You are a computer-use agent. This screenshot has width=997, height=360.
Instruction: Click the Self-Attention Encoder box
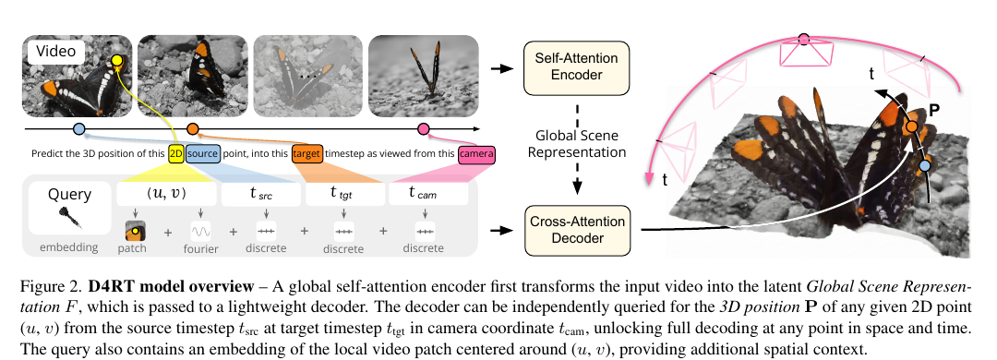[576, 67]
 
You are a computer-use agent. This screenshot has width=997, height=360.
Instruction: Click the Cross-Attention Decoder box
[576, 230]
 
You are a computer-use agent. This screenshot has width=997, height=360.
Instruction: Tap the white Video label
[56, 52]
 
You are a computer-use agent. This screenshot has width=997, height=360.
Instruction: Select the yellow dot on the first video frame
[116, 62]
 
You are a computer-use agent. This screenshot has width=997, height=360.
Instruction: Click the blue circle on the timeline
[78, 129]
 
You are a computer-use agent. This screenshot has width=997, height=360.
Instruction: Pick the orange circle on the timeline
[193, 129]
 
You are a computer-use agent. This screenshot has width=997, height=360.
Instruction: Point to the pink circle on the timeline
[423, 129]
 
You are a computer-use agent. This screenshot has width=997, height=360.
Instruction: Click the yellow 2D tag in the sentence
[176, 154]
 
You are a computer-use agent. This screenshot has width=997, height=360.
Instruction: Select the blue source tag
[203, 154]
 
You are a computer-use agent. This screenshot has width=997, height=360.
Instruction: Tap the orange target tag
[307, 154]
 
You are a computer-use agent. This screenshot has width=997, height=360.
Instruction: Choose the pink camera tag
[475, 154]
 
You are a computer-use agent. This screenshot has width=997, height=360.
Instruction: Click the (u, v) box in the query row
[166, 194]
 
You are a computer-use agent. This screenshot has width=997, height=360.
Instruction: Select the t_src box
[260, 194]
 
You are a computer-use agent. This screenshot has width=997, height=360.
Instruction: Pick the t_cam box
[428, 194]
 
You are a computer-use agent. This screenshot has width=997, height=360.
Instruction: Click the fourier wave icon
[201, 230]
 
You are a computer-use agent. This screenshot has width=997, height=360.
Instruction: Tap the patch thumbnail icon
[132, 230]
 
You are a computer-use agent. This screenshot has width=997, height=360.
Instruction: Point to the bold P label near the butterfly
[934, 110]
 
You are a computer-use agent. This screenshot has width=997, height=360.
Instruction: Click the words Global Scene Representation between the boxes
[576, 144]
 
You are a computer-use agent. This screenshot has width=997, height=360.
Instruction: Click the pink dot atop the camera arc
[804, 39]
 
